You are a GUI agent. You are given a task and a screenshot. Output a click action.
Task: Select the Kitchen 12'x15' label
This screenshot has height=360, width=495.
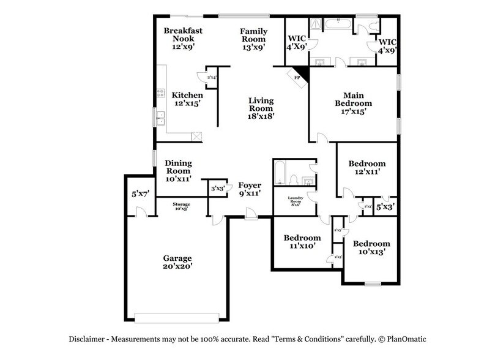click(187, 100)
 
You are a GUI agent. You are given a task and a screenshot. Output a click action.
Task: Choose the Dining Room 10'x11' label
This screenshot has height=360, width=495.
click(179, 171)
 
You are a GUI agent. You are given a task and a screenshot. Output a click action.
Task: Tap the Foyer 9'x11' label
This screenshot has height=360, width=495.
click(250, 189)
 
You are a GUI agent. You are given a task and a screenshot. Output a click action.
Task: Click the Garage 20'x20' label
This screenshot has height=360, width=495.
click(177, 263)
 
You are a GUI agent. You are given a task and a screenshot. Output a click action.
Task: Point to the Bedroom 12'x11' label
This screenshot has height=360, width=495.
click(367, 168)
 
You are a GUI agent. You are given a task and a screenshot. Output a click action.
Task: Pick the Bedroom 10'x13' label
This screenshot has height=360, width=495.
click(371, 247)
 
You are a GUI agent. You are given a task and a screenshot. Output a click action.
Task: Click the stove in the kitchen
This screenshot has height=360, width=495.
click(162, 94)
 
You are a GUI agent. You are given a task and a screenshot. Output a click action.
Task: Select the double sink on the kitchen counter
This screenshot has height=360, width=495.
click(160, 118)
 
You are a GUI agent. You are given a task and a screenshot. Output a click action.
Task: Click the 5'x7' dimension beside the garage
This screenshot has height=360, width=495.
click(140, 194)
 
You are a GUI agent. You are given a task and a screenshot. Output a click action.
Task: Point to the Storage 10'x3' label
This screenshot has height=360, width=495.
click(181, 206)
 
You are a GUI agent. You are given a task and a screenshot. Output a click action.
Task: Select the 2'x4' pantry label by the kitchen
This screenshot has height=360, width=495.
click(212, 78)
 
